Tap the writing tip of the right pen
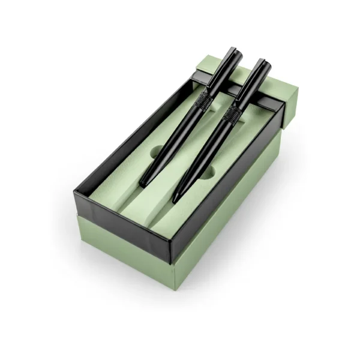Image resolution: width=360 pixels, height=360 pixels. [175, 201]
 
